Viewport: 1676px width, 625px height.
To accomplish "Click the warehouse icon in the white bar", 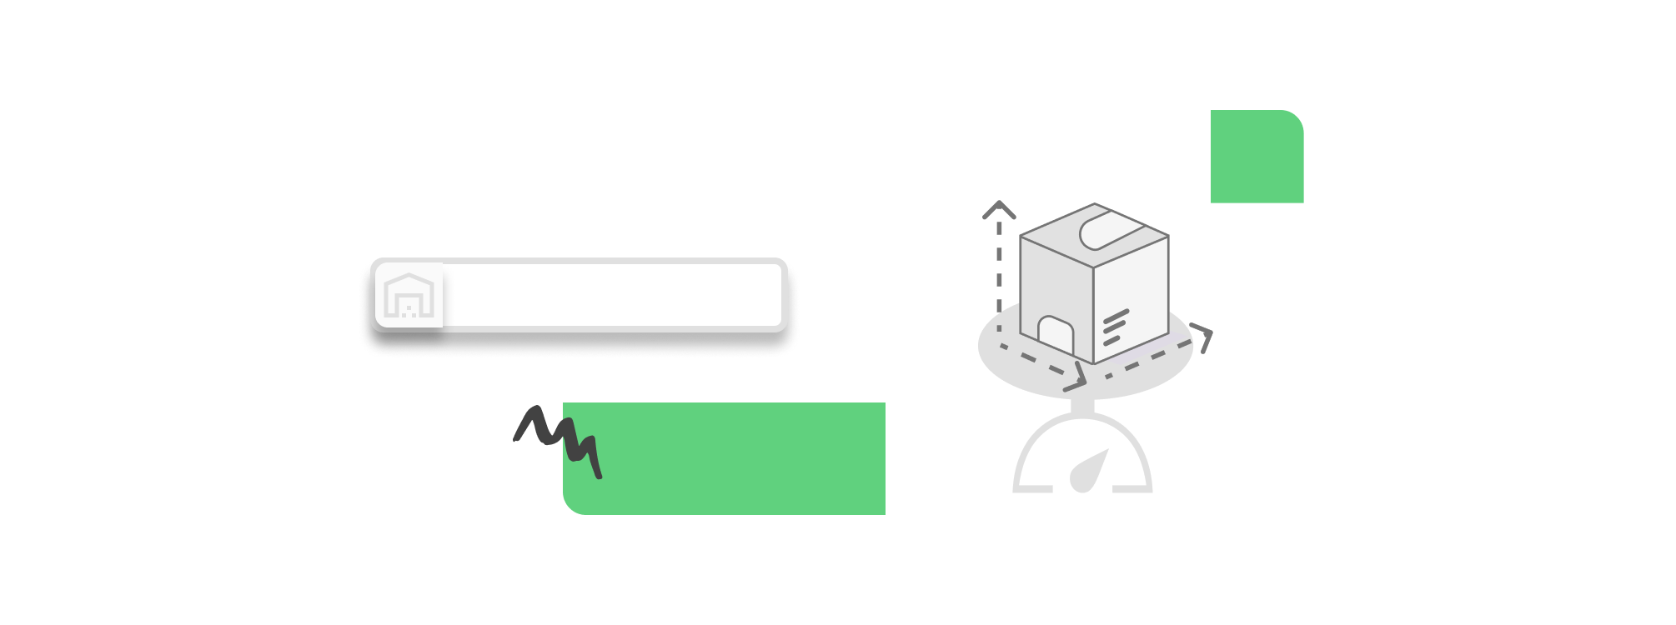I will tap(409, 295).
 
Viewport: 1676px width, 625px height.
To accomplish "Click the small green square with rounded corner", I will tap(1256, 157).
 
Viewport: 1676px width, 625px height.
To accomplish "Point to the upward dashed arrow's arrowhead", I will tap(999, 210).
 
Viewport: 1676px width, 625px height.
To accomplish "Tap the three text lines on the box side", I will tap(1115, 328).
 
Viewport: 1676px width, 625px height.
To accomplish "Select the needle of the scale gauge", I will tap(1089, 471).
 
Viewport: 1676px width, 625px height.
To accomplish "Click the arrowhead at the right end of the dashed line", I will tap(1204, 337).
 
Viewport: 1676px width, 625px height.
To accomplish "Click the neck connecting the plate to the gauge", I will tap(1082, 406).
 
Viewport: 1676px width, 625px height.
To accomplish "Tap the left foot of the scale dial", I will tap(1031, 489).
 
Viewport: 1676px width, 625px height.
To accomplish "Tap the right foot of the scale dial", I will tap(1134, 489).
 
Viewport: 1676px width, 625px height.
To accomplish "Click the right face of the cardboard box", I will tap(1132, 296).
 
